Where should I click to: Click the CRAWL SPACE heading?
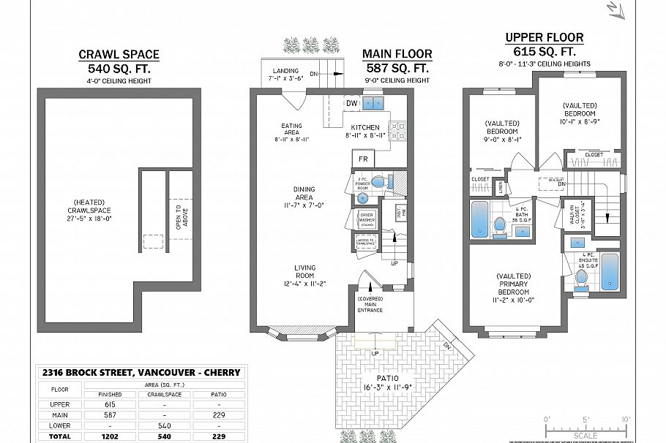click(x=119, y=55)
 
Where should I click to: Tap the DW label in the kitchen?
click(x=351, y=102)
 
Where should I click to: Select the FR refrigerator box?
click(x=362, y=159)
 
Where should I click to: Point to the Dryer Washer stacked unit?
click(x=366, y=219)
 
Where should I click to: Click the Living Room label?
click(x=305, y=276)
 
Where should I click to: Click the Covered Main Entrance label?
click(x=370, y=304)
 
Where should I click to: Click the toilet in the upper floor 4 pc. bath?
click(x=499, y=227)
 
